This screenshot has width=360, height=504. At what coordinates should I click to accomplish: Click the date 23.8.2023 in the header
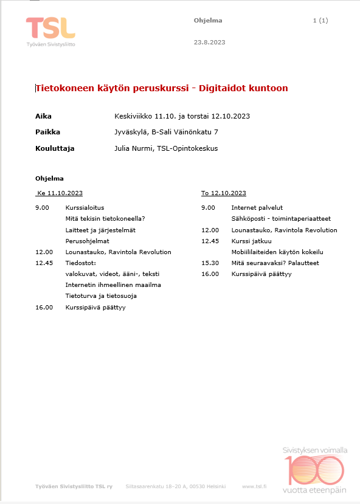click(209, 42)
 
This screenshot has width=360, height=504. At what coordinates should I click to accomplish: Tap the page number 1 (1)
click(320, 21)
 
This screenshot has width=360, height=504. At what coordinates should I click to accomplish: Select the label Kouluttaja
click(55, 148)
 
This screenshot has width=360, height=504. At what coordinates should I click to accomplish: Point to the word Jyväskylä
click(131, 132)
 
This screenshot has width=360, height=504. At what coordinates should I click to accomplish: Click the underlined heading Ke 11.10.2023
click(60, 193)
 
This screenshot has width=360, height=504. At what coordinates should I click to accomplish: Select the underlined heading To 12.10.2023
click(224, 193)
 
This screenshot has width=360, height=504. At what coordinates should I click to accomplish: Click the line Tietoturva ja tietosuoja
click(101, 296)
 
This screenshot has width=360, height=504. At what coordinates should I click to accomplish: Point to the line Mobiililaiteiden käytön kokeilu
click(277, 252)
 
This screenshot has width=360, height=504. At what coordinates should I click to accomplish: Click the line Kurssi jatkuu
click(251, 241)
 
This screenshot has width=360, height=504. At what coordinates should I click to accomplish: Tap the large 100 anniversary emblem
click(315, 470)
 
